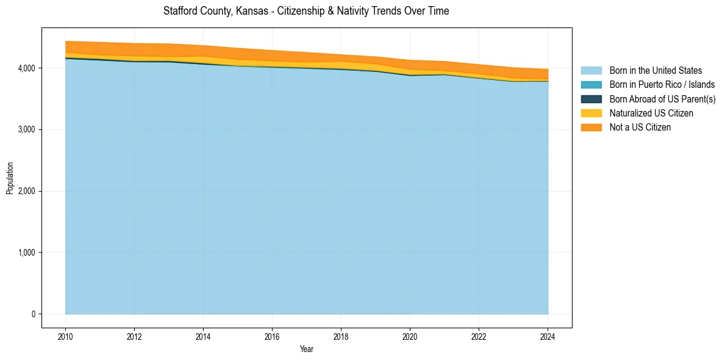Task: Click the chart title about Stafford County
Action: point(306,12)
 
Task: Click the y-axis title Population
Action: point(10,178)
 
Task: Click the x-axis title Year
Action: point(307,350)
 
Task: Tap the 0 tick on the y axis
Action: point(33,314)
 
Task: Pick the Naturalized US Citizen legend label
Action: point(651,113)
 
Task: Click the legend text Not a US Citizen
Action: point(640,127)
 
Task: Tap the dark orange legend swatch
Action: point(591,127)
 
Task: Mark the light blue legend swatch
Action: point(591,71)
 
